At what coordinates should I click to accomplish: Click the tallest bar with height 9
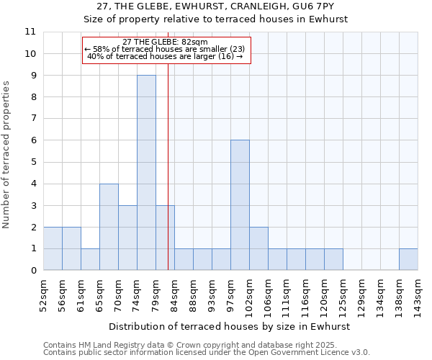click(146, 173)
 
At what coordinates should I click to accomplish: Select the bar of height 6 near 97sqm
click(240, 205)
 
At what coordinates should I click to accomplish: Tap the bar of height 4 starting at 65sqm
click(109, 227)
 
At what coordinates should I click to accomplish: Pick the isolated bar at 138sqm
click(408, 259)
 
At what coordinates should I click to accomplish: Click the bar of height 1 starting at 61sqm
click(90, 259)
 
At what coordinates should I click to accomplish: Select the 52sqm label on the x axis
click(43, 294)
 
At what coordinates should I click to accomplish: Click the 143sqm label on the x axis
click(418, 295)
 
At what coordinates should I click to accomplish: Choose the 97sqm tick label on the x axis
click(230, 294)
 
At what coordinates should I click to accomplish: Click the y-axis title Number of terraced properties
click(6, 155)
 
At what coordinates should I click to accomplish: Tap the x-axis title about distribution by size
click(230, 326)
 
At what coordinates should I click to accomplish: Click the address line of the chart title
click(215, 6)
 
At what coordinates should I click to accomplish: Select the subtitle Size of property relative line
click(215, 19)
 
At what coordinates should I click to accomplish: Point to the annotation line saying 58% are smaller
click(165, 49)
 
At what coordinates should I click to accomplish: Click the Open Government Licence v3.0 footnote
click(207, 353)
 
